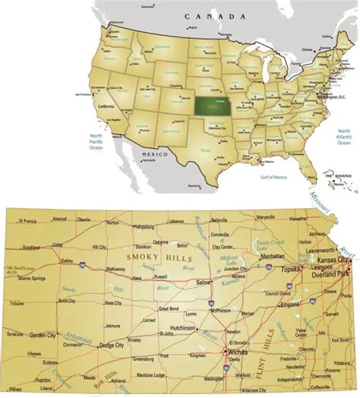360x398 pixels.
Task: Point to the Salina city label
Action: [x=204, y=282]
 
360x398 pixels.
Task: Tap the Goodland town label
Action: [x=31, y=248]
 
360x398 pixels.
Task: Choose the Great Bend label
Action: [x=169, y=308]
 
